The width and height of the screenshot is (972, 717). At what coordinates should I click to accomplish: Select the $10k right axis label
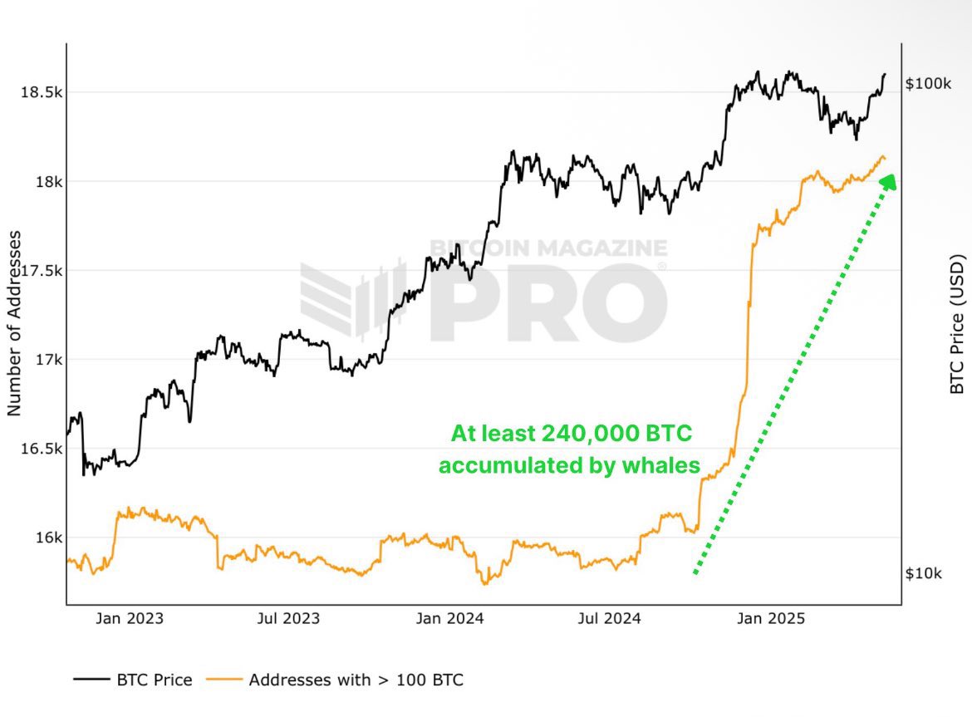[923, 573]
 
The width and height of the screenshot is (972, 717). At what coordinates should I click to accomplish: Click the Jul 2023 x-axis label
[288, 619]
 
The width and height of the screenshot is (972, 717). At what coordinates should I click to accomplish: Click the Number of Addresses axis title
[14, 324]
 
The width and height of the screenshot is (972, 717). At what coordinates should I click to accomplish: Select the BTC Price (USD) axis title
[956, 324]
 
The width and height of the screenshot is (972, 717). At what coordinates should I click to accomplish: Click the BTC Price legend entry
[133, 680]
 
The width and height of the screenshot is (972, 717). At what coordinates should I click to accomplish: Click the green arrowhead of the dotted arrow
[887, 182]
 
